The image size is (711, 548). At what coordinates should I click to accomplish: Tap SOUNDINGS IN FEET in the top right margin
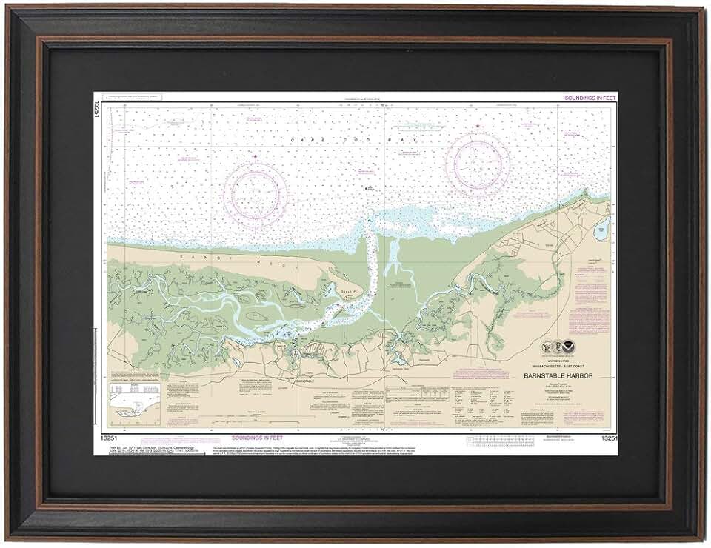coord(590,98)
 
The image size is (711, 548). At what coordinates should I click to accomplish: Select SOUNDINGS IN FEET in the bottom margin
coord(256,438)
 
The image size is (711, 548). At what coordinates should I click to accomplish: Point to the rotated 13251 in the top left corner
coord(98,109)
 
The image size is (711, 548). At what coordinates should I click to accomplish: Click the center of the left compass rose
coord(256,192)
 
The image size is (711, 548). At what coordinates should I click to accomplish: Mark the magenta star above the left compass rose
coord(256,157)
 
